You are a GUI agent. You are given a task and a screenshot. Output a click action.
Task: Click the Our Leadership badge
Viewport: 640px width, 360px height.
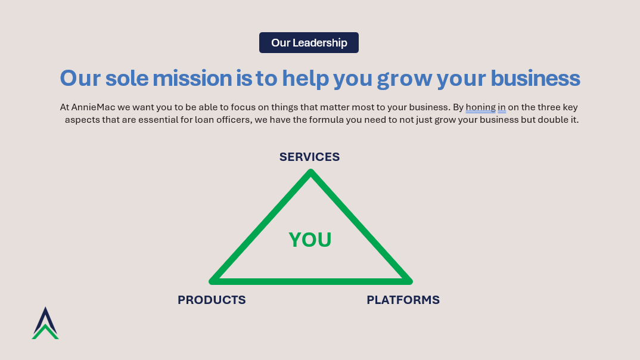pos(309,42)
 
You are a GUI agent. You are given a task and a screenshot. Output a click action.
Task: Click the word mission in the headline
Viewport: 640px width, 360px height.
pos(192,78)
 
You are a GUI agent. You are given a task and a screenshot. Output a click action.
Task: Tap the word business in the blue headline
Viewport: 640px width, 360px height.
pos(535,78)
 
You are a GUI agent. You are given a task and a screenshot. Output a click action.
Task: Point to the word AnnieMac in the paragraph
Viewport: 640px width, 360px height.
pos(93,107)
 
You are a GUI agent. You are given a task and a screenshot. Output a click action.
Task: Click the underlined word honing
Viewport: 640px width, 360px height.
pos(480,107)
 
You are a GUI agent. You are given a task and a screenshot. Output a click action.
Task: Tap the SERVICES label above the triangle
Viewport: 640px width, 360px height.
pos(309,157)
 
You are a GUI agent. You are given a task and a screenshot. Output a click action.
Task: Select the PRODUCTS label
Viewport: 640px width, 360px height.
pos(212,300)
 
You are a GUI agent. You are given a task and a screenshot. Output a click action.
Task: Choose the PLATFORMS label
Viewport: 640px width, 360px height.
pos(403,300)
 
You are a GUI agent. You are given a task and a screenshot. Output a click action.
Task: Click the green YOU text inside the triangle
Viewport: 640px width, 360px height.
pos(310,240)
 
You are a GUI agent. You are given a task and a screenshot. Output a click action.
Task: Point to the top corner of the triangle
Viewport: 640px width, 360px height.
pos(310,172)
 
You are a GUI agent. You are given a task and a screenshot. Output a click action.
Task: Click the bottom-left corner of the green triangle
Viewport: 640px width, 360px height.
pos(212,281)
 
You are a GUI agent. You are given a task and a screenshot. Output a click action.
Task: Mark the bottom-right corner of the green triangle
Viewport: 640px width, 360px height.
pos(410,281)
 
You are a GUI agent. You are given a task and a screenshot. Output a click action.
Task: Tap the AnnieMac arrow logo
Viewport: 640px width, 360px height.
pos(45,323)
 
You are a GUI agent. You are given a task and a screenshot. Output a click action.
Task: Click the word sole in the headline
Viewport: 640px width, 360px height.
pos(126,78)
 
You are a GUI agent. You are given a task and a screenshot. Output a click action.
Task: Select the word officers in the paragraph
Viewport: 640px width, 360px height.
pos(234,120)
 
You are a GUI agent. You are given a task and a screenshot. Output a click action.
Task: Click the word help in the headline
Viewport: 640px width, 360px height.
pos(305,78)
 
